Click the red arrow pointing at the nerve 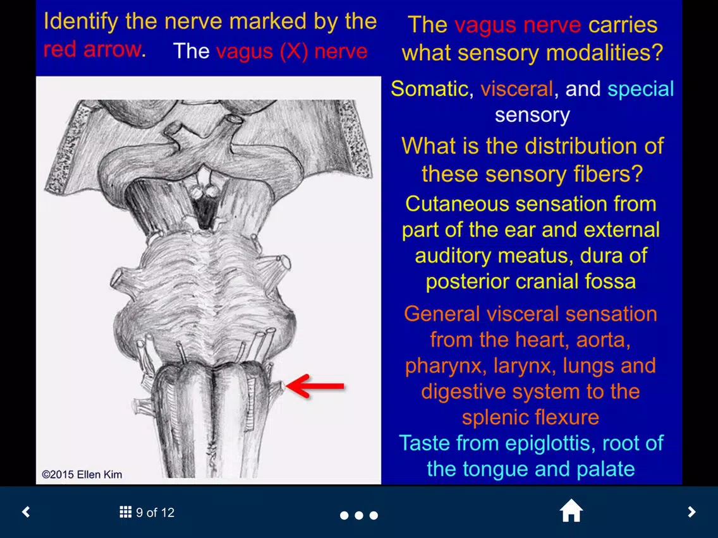click(x=315, y=386)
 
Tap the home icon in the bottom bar click(x=571, y=511)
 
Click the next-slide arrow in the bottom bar click(x=691, y=512)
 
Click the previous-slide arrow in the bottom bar click(x=26, y=512)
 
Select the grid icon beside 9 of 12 click(x=126, y=512)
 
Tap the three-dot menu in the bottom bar click(x=359, y=515)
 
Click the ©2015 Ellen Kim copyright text click(x=82, y=474)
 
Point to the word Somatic click(x=430, y=89)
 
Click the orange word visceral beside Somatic click(x=516, y=89)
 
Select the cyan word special click(x=641, y=90)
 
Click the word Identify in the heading click(x=81, y=22)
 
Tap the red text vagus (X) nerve click(x=292, y=51)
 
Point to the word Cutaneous click(x=457, y=204)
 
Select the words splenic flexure click(x=530, y=417)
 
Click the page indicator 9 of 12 click(x=155, y=512)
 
